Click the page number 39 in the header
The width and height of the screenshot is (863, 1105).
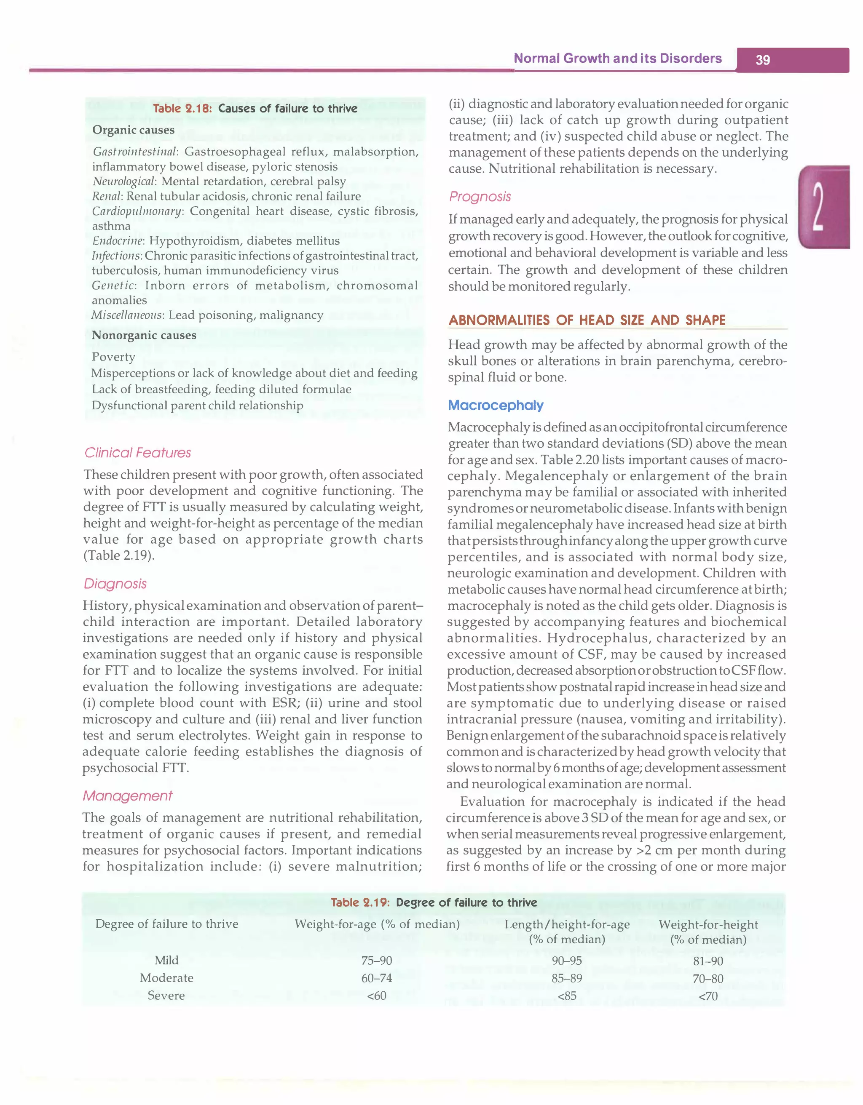click(762, 60)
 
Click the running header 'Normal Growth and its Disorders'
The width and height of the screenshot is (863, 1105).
click(617, 58)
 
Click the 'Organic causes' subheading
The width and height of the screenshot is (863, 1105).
click(133, 130)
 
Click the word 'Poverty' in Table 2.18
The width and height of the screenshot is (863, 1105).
click(113, 357)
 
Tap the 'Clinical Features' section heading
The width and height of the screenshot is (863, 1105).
click(138, 452)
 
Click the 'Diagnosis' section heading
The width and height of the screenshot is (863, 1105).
click(115, 583)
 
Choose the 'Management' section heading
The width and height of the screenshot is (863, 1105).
click(128, 796)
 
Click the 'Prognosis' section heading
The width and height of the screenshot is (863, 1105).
click(480, 196)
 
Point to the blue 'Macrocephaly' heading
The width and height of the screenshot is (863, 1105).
click(496, 405)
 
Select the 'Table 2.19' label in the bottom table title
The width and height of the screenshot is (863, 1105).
click(360, 902)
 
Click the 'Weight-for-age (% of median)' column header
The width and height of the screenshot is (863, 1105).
click(377, 924)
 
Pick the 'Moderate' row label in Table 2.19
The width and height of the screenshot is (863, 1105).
click(166, 977)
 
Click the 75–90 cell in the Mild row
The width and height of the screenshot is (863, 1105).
click(377, 960)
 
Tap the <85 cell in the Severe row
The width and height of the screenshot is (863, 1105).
click(566, 996)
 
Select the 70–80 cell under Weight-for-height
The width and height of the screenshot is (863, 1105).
click(708, 979)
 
